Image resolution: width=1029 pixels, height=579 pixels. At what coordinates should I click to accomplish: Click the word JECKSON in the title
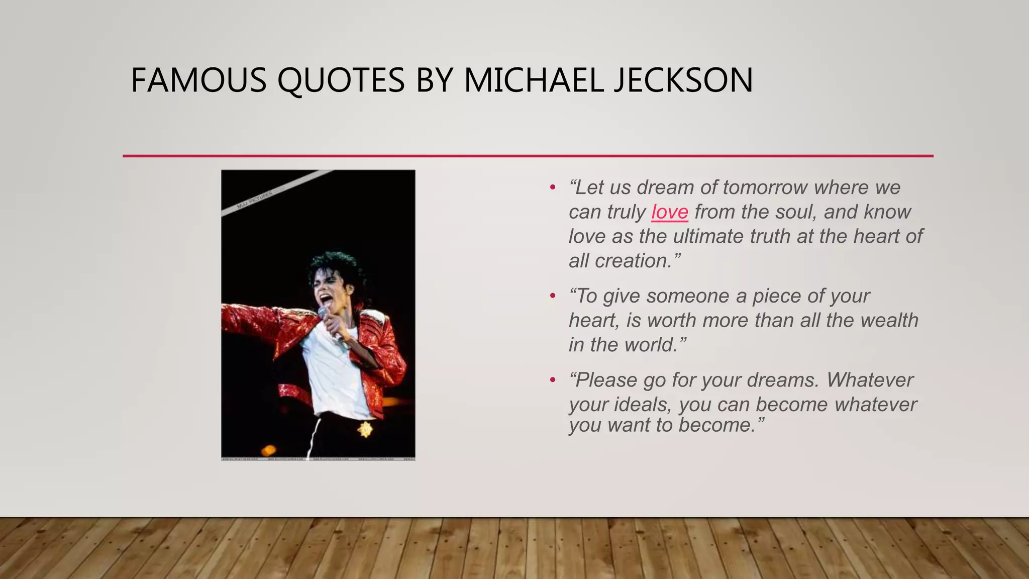point(683,80)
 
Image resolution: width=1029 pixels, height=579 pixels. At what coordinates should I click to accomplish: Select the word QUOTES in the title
point(341,80)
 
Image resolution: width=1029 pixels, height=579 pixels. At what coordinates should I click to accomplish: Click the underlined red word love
point(670,212)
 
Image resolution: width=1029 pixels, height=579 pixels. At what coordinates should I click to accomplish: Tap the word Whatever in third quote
point(870,380)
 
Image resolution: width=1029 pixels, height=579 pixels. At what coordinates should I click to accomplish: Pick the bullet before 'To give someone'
point(553,296)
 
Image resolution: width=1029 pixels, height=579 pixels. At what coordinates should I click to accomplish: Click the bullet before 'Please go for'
point(553,380)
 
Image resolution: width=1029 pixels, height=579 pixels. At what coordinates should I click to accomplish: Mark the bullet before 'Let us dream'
point(553,187)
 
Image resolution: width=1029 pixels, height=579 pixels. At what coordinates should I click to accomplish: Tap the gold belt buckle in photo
point(365,429)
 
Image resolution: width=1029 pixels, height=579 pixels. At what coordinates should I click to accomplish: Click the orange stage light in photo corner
point(268,450)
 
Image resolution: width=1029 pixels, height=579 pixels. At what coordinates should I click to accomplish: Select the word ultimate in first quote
point(704,236)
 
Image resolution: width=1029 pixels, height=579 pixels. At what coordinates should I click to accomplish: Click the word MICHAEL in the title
point(533,80)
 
